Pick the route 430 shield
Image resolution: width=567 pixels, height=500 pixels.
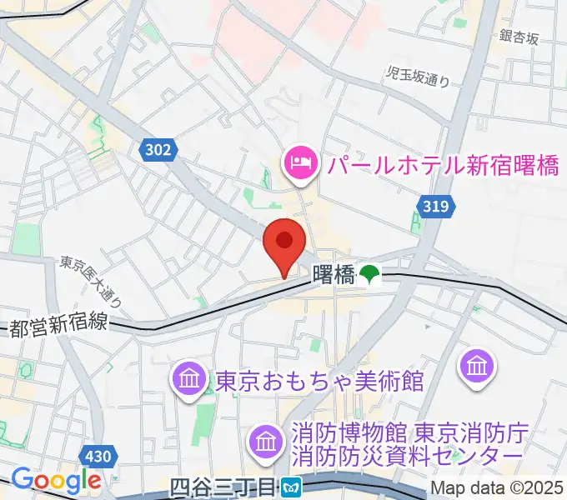point(98,456)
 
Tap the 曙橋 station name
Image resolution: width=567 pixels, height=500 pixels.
point(334,274)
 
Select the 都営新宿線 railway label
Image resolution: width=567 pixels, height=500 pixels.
point(58,325)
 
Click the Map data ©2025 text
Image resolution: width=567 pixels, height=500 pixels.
point(496,488)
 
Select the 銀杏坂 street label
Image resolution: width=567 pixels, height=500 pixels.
point(520,37)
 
